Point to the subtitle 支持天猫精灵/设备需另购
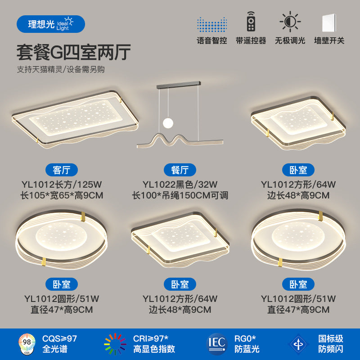coord(61,70)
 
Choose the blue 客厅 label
coord(62,170)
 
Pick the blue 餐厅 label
coord(180,170)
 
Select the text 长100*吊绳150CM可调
coord(180,195)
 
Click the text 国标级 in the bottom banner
coord(331,338)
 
